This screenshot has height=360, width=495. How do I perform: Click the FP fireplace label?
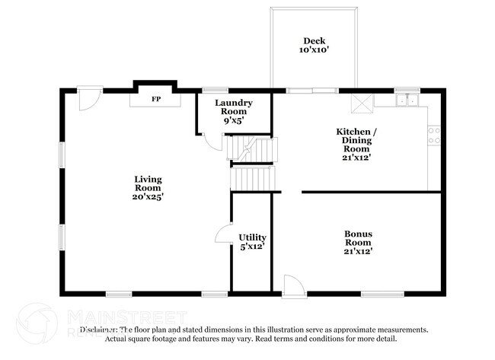[156, 99]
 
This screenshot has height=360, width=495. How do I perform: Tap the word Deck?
[315, 41]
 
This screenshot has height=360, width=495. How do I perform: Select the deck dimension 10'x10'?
[315, 51]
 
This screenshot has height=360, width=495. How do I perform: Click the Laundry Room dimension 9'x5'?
[233, 120]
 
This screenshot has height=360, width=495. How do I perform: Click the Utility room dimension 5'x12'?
[251, 247]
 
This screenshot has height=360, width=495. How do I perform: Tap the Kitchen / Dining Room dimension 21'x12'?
[356, 158]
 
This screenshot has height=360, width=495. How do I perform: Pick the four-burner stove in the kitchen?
[435, 135]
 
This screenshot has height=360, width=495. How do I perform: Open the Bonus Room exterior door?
[292, 286]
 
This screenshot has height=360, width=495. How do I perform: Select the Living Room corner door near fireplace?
[89, 97]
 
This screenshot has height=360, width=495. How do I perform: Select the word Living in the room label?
[148, 179]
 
